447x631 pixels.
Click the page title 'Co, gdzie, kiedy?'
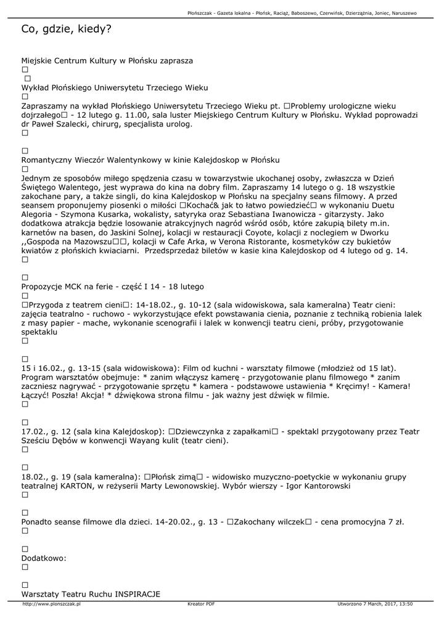(x=66, y=29)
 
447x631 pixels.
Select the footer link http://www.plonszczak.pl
(x=51, y=605)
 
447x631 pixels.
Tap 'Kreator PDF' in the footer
(x=201, y=605)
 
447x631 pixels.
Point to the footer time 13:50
(x=406, y=605)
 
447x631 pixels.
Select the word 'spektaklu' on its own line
(x=39, y=332)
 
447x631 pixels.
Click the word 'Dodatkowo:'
(x=44, y=558)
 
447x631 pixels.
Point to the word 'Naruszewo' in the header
(x=404, y=13)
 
